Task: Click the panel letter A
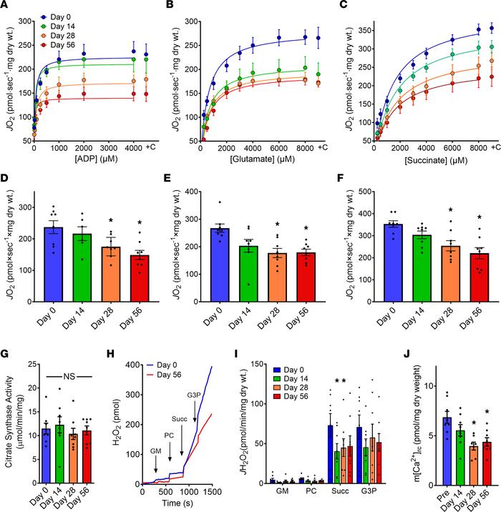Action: coord(5,6)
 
